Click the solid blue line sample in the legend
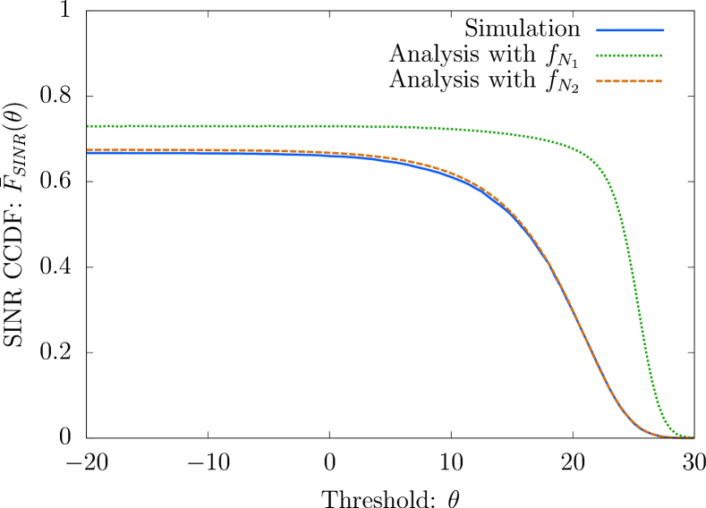(630, 30)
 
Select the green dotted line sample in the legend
(629, 55)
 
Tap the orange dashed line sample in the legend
(629, 81)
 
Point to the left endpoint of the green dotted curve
(88, 126)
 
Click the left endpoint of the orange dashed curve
(88, 150)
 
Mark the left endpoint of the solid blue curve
(88, 154)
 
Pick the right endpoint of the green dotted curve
(693, 437)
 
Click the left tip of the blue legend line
(596, 30)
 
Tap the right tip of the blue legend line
(664, 30)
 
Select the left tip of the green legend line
(596, 55)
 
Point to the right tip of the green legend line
(662, 55)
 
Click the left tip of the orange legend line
(596, 81)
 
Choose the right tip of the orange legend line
(662, 81)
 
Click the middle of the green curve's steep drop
(636, 295)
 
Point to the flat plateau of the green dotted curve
(268, 126)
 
